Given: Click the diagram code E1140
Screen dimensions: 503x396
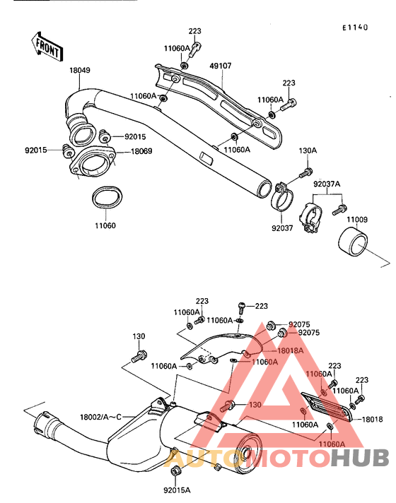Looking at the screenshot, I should pyautogui.click(x=356, y=28).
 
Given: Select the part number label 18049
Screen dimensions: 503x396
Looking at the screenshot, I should pyautogui.click(x=79, y=71).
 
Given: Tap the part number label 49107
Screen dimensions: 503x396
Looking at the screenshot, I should pyautogui.click(x=220, y=67).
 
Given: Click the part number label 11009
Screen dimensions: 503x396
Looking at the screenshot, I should pyautogui.click(x=356, y=220).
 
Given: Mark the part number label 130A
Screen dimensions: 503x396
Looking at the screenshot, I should pyautogui.click(x=308, y=150).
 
